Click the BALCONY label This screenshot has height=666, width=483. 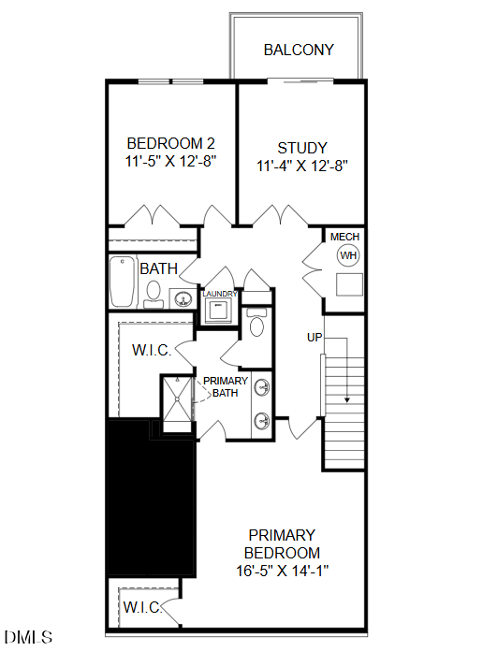(x=299, y=50)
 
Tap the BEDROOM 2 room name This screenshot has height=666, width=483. (x=171, y=143)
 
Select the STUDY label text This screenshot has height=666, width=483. (x=302, y=148)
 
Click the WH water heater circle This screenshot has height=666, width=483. (x=348, y=255)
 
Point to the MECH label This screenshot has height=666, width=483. (x=345, y=238)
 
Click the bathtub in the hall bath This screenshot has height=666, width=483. (x=124, y=282)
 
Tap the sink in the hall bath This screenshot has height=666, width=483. (x=182, y=299)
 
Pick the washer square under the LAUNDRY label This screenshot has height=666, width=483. (x=220, y=311)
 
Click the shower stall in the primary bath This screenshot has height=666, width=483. (x=176, y=399)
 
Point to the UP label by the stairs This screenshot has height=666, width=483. (x=315, y=336)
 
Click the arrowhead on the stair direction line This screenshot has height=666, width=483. (x=347, y=399)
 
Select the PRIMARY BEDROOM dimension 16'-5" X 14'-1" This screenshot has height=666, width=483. (x=282, y=570)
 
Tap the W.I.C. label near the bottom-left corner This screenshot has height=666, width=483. (x=142, y=608)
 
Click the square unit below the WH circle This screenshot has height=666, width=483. (x=349, y=285)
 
